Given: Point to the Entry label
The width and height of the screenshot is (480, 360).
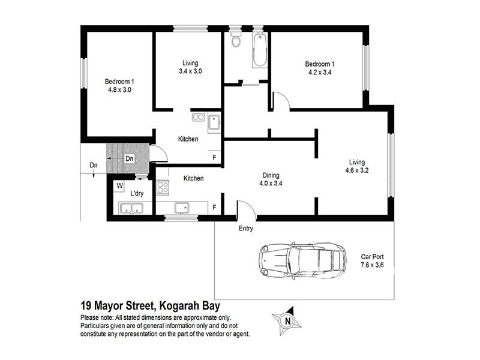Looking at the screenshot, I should (245, 229).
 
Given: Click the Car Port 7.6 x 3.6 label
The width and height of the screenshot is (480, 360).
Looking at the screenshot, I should (371, 260).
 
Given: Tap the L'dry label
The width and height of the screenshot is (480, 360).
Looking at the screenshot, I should (136, 194).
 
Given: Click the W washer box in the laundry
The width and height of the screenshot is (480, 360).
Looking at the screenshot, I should (120, 185).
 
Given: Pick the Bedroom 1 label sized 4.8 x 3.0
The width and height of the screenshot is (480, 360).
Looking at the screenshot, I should (119, 86).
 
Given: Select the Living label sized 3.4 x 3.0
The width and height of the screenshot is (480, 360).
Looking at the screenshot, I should (190, 67).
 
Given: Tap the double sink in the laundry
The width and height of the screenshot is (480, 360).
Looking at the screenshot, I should (131, 209).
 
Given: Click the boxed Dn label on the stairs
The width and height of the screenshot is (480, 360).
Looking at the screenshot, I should (130, 158).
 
